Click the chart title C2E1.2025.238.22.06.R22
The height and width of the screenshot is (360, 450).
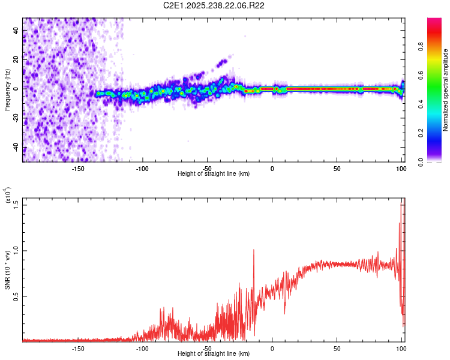pyautogui.click(x=214, y=5)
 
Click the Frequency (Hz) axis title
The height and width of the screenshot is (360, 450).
pyautogui.click(x=7, y=89)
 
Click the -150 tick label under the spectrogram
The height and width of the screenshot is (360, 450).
pyautogui.click(x=78, y=168)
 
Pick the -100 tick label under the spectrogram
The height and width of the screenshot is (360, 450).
pyautogui.click(x=142, y=168)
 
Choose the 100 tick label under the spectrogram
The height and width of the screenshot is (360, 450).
pyautogui.click(x=401, y=168)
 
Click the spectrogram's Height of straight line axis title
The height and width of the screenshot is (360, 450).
pyautogui.click(x=214, y=173)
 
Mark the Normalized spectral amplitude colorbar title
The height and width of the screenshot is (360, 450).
pyautogui.click(x=446, y=89)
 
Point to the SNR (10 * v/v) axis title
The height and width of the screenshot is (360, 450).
pyautogui.click(x=7, y=269)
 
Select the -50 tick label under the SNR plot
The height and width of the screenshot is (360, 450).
pyautogui.click(x=207, y=348)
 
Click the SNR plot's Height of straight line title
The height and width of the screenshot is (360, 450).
pyautogui.click(x=214, y=354)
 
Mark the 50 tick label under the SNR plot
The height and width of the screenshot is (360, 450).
pyautogui.click(x=337, y=348)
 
